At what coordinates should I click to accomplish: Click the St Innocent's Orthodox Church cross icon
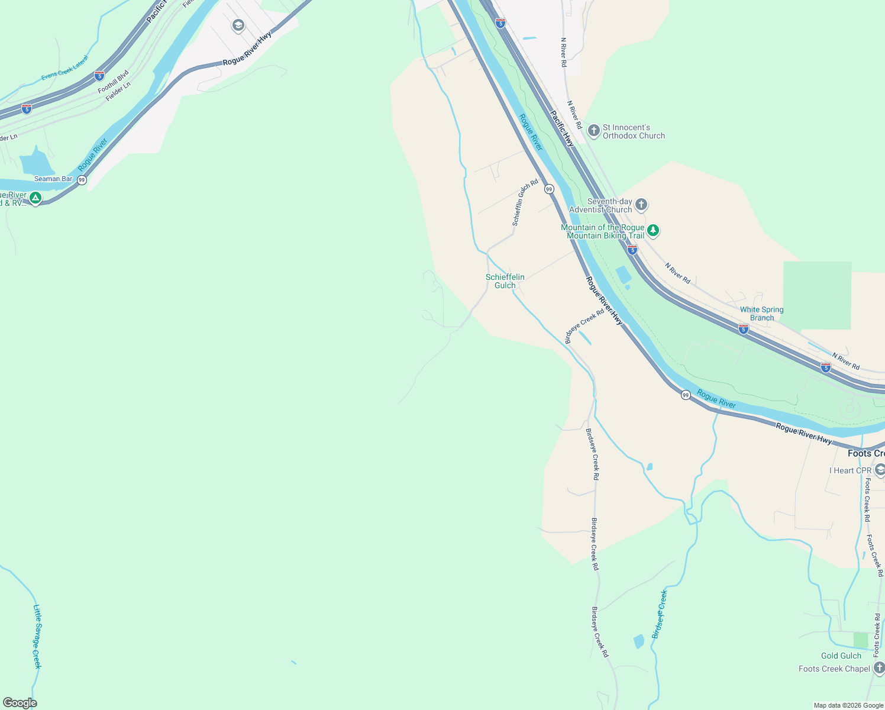[594, 131]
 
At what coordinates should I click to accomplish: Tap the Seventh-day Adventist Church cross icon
[641, 205]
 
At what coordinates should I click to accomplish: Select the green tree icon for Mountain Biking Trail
[653, 231]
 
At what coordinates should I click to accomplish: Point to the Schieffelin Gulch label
[505, 281]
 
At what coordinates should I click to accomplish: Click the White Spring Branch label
[761, 314]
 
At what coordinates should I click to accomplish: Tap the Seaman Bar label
[53, 179]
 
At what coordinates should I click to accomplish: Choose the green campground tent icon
[35, 198]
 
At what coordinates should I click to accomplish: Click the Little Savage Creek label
[37, 636]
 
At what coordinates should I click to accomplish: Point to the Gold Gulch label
[841, 656]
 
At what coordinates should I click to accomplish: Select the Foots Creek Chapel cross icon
[880, 669]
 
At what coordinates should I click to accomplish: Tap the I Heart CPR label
[850, 470]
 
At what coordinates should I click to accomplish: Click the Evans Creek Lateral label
[64, 69]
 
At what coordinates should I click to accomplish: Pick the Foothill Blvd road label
[113, 82]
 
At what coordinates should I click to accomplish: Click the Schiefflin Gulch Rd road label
[525, 202]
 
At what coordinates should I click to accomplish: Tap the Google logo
[20, 703]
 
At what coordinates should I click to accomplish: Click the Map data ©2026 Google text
[848, 705]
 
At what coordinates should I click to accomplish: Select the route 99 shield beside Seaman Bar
[82, 180]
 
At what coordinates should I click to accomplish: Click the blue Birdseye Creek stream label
[660, 614]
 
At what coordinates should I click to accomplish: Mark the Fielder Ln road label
[118, 92]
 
